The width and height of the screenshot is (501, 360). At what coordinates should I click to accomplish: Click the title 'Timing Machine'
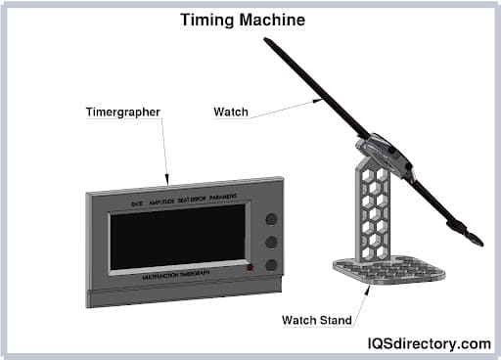pyautogui.click(x=242, y=20)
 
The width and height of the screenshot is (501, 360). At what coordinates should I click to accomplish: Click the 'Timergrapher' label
pyautogui.click(x=124, y=112)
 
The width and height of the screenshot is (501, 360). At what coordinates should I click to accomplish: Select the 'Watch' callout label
pyautogui.click(x=229, y=112)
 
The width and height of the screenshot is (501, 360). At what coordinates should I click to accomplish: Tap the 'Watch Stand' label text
pyautogui.click(x=320, y=320)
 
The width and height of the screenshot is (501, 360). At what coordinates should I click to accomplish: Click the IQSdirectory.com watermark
pyautogui.click(x=429, y=343)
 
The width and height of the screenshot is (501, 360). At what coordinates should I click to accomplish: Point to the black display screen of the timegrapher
pyautogui.click(x=177, y=239)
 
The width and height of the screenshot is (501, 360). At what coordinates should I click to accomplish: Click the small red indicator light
pyautogui.click(x=250, y=267)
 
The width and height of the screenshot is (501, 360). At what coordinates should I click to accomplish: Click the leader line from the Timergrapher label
pyautogui.click(x=164, y=152)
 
